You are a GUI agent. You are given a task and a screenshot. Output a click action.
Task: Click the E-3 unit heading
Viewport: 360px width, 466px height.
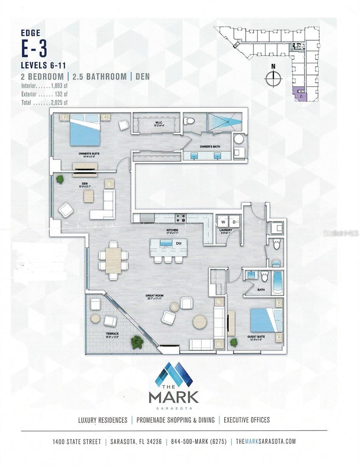point(34,49)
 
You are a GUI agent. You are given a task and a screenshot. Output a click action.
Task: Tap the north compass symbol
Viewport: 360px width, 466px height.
point(273,78)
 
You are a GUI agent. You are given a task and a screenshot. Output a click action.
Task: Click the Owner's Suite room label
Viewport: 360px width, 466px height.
point(89,153)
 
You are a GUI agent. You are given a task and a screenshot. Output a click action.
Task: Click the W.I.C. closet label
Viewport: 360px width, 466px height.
point(156,124)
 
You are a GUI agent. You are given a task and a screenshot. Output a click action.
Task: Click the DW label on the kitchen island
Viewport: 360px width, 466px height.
point(179,243)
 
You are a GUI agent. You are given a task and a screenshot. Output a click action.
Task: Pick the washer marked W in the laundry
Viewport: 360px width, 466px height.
point(223,222)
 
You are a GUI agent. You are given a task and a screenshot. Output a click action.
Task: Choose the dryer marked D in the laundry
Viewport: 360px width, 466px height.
point(234,222)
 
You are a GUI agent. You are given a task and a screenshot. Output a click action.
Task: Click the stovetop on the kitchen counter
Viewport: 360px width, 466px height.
point(180,218)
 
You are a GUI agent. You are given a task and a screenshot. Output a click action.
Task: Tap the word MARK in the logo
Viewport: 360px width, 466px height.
point(174,397)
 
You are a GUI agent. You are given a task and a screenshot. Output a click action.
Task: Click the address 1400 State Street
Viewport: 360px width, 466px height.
point(77,442)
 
